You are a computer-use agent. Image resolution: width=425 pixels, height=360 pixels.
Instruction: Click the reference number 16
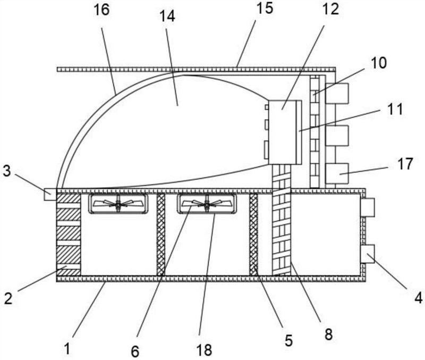click(x=101, y=10)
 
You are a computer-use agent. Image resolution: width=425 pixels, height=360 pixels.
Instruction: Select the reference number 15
click(x=265, y=8)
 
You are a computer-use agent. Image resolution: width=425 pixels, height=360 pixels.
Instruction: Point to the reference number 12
click(x=331, y=9)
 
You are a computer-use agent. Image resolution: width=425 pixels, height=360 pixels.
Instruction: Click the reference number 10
click(x=379, y=63)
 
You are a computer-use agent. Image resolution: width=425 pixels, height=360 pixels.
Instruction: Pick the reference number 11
click(x=395, y=110)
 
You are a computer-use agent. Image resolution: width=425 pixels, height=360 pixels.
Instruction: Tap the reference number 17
click(x=405, y=164)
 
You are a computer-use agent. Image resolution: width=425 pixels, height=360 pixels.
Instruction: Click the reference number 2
click(x=8, y=298)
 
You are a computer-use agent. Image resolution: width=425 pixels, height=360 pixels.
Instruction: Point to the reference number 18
click(x=204, y=349)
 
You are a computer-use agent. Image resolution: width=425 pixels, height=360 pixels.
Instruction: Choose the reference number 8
click(x=328, y=334)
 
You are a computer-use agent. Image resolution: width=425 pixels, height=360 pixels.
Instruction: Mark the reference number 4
click(x=418, y=298)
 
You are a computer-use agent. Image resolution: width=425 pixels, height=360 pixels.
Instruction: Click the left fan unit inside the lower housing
click(x=118, y=204)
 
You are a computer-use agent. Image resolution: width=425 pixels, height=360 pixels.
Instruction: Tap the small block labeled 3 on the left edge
click(x=50, y=194)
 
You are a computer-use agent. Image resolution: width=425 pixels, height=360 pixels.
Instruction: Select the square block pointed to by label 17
click(x=337, y=174)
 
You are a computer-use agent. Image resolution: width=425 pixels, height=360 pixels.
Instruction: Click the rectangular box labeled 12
click(x=282, y=132)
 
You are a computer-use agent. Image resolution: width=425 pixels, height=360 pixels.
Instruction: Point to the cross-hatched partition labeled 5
click(x=254, y=235)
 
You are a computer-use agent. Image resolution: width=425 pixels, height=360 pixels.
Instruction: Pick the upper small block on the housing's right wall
click(x=367, y=207)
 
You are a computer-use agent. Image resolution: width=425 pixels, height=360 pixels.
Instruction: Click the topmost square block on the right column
click(x=337, y=94)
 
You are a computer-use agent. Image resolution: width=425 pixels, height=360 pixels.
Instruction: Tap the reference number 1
click(x=66, y=349)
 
